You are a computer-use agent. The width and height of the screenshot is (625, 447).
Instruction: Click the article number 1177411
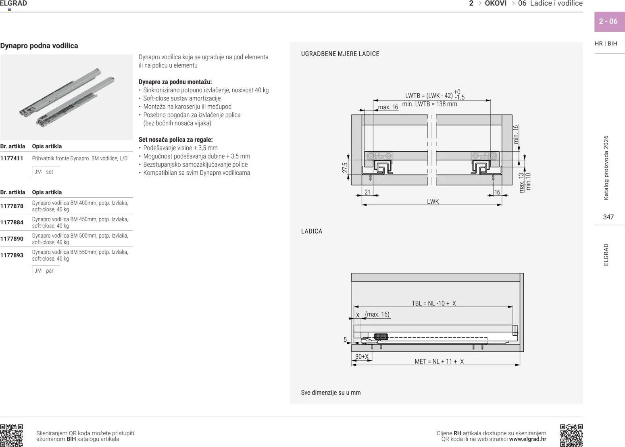coord(12,159)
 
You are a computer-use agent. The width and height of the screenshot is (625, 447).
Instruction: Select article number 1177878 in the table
coord(12,206)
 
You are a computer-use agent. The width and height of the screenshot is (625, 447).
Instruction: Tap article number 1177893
coord(12,255)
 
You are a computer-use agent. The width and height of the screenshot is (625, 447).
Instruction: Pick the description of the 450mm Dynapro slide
coord(80,222)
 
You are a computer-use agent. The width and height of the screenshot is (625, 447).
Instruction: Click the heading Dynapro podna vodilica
coord(39,46)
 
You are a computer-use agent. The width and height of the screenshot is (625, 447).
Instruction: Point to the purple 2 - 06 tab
coord(608,21)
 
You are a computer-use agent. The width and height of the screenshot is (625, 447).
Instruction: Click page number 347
coord(608,217)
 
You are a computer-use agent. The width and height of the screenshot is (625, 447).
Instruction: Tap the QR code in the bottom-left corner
coord(11,435)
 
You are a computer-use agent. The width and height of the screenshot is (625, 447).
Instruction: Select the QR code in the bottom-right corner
coord(571,435)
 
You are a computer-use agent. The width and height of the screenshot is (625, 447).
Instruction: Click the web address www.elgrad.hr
coord(527,439)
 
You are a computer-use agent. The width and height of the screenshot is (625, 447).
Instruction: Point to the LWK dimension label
coord(433,201)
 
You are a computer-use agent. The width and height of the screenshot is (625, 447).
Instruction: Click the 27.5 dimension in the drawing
coord(345,168)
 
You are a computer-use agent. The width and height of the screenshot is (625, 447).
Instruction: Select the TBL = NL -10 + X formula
coord(433,303)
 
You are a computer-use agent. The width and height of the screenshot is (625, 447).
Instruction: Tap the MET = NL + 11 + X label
coord(439,361)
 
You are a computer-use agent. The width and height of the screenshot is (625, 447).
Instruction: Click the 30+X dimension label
coord(362,357)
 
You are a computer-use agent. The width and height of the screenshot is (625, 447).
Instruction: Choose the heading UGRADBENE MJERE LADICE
coord(340,54)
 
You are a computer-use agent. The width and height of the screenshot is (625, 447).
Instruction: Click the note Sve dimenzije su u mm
coord(331,393)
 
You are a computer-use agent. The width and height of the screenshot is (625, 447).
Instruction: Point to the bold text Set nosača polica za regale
coord(175,140)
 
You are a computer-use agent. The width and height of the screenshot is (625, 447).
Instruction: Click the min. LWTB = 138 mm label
coord(429,104)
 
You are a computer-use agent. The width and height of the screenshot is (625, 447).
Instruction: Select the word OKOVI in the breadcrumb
coord(496,4)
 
